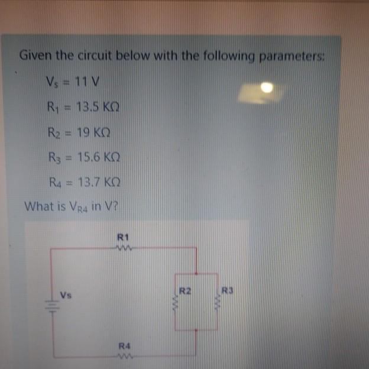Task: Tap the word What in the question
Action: coord(37,207)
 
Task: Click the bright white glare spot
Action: coord(267,88)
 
